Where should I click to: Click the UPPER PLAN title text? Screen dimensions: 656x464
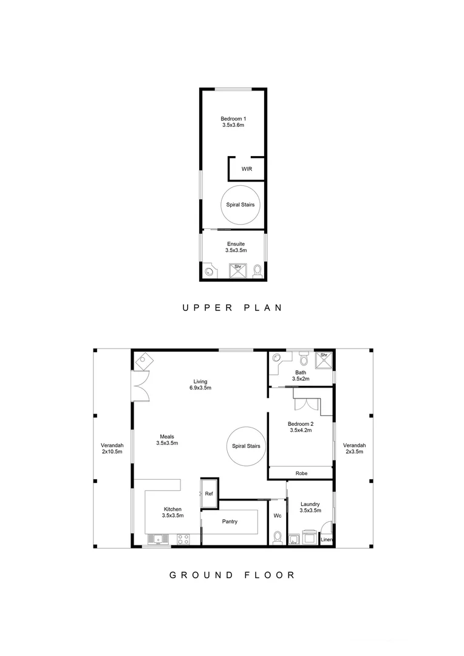tap(232, 308)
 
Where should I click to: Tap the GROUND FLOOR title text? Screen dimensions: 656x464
tap(232, 575)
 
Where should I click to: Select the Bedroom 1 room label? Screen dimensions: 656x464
tap(233, 121)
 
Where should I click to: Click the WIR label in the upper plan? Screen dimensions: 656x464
tap(247, 169)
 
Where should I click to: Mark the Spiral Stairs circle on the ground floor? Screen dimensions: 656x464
tap(246, 446)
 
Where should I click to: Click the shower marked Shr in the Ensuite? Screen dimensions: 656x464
tap(237, 270)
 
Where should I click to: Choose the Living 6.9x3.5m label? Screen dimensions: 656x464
tap(199, 384)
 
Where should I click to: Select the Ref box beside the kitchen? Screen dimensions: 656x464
tap(209, 494)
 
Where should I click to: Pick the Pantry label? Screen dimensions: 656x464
tap(230, 521)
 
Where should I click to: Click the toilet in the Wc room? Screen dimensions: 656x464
tap(278, 537)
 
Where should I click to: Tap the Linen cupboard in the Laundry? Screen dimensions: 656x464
tap(326, 539)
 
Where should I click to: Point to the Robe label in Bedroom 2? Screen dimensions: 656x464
tap(301, 473)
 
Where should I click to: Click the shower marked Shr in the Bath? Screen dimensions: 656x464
tap(324, 360)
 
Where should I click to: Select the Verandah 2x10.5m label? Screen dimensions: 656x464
tap(112, 448)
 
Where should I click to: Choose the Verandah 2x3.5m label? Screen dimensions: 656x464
tap(353, 448)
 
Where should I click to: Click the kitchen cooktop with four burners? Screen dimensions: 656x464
tap(183, 538)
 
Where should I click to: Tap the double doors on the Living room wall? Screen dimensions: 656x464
tap(140, 385)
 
